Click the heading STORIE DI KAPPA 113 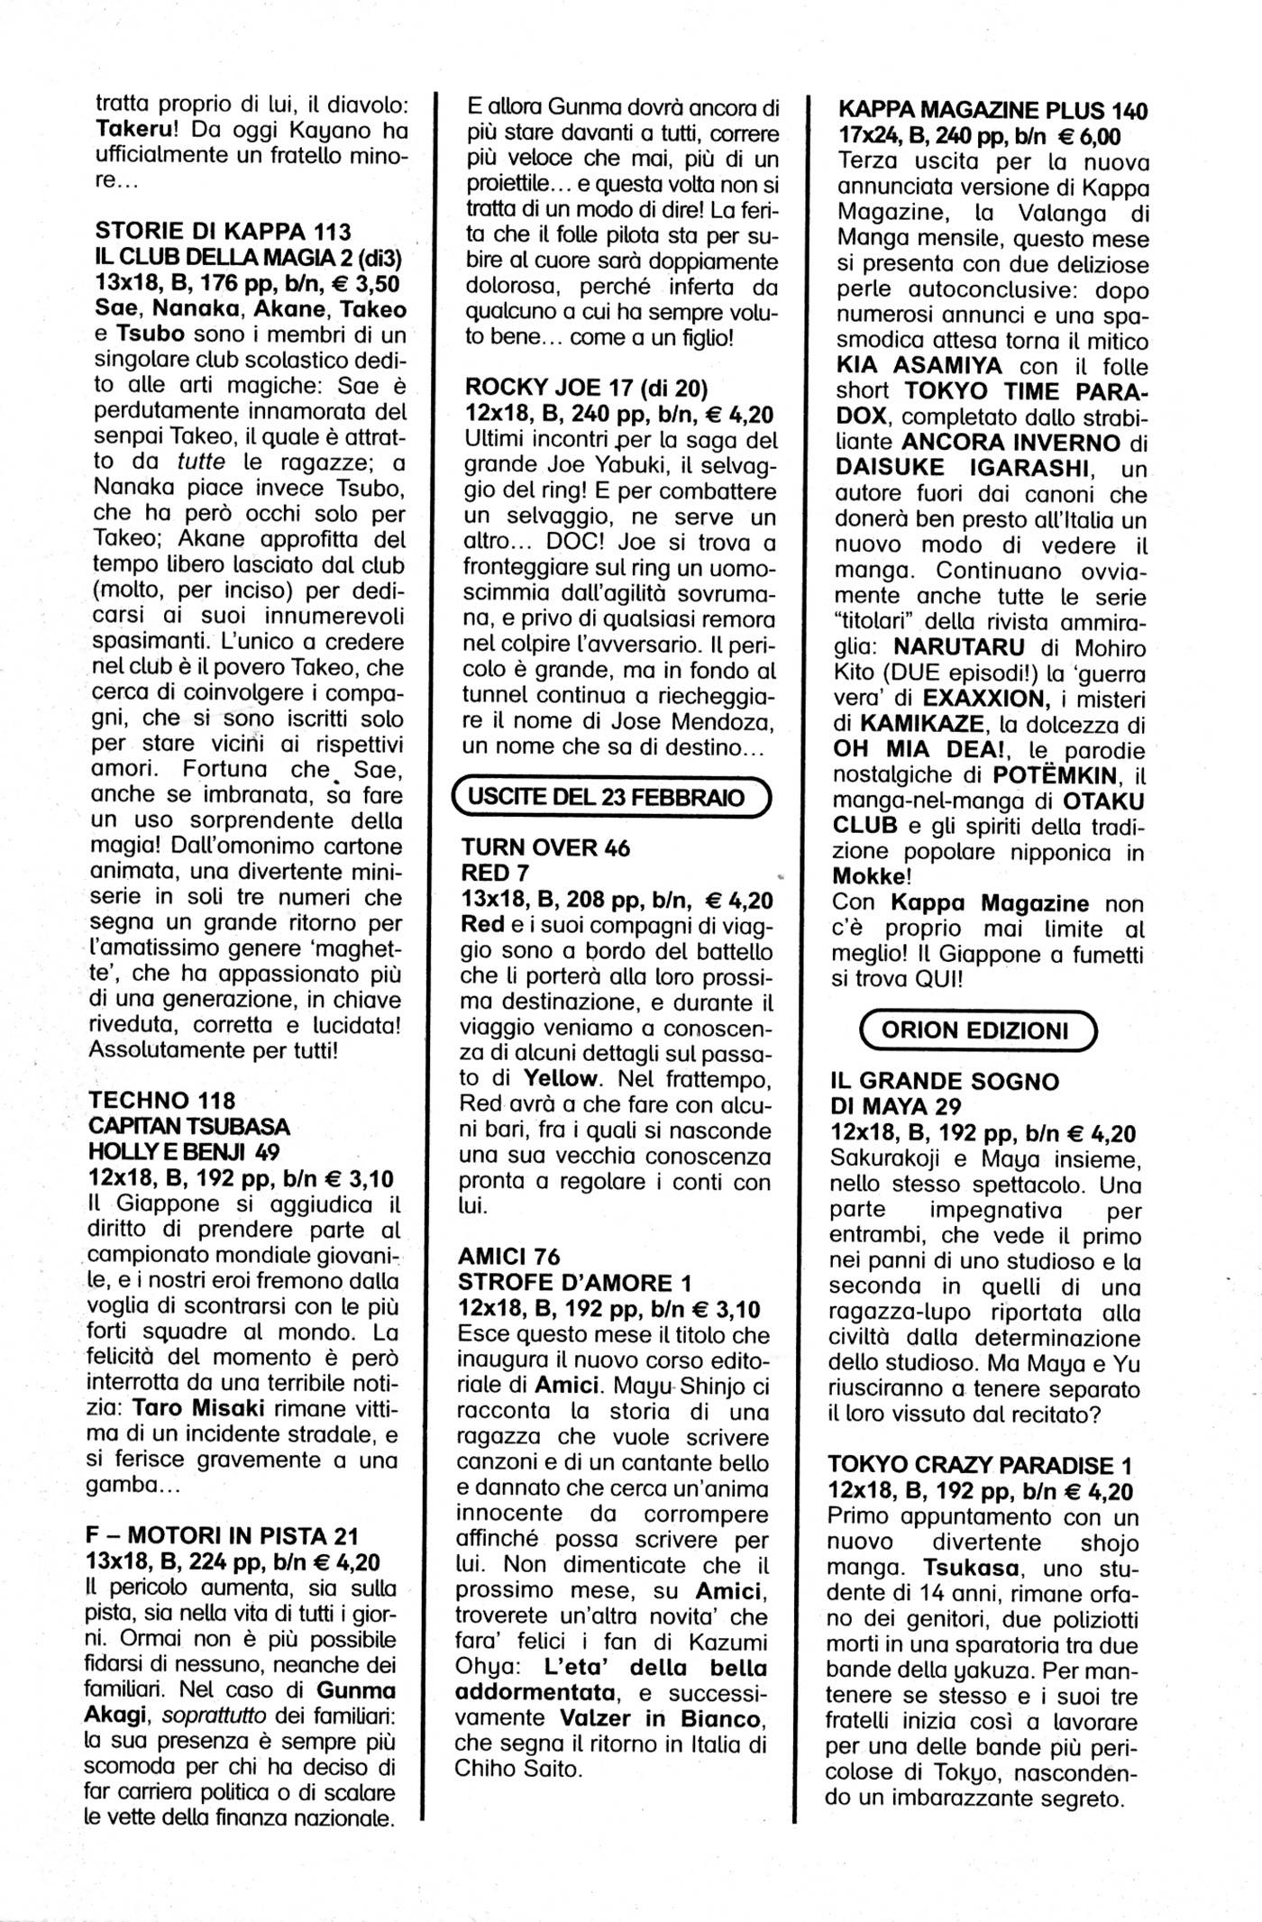(223, 231)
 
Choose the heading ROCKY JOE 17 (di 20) (586, 388)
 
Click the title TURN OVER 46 (545, 847)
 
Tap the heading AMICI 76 (508, 1256)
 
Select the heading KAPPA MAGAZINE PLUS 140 (992, 112)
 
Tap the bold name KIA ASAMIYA (916, 367)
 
